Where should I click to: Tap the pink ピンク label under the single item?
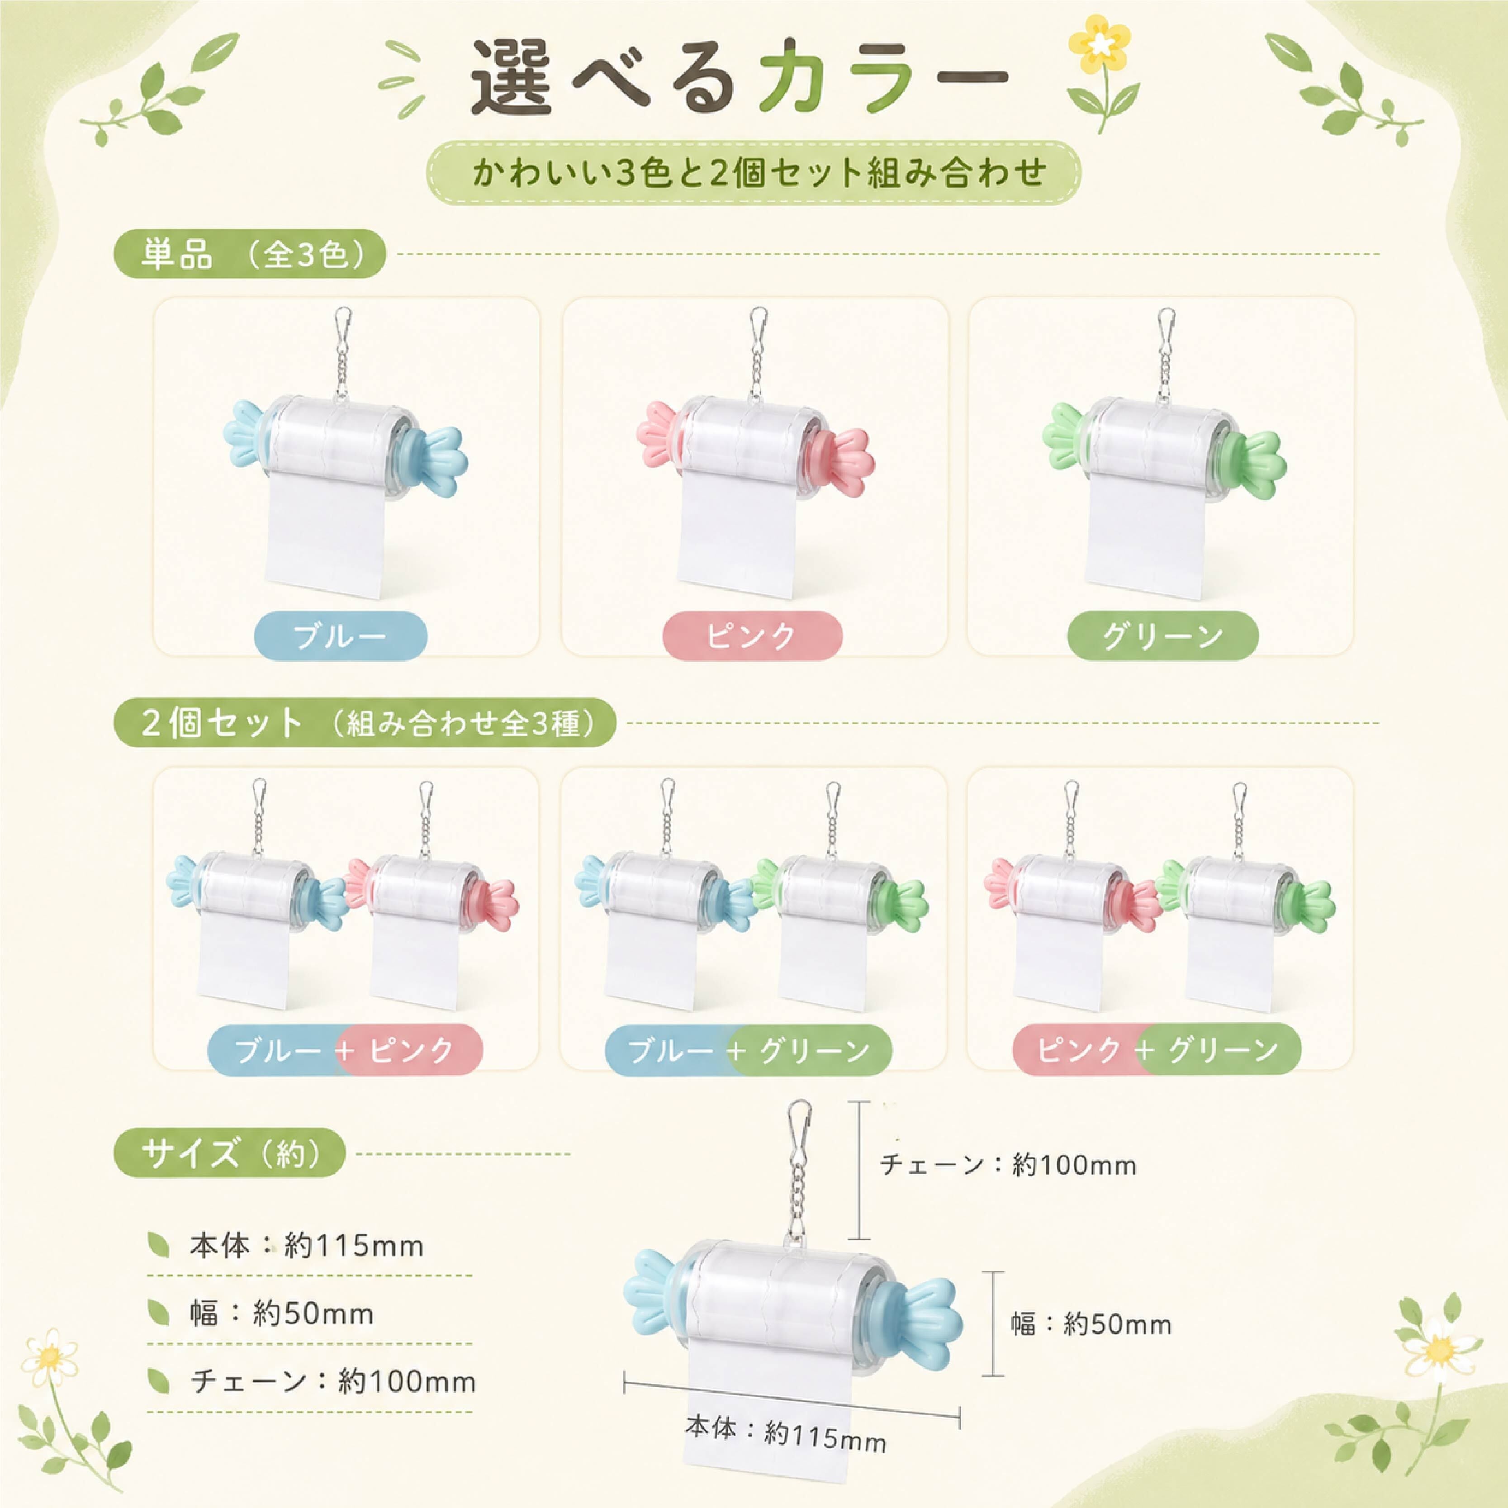click(x=753, y=636)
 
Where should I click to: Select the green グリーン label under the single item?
click(x=1163, y=636)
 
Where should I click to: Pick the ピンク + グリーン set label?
click(x=1157, y=1050)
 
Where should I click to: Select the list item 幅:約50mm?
click(x=282, y=1314)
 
